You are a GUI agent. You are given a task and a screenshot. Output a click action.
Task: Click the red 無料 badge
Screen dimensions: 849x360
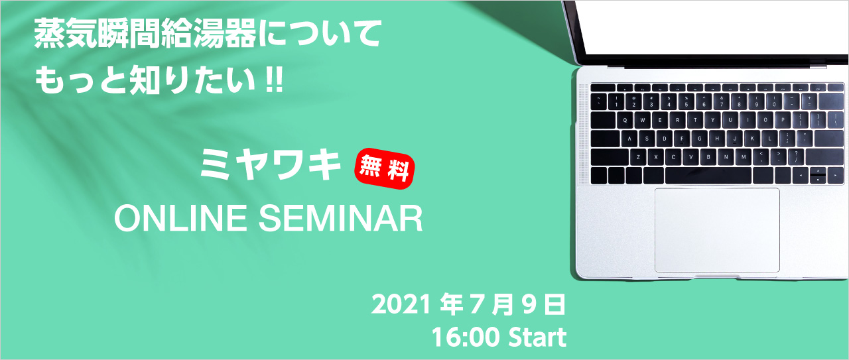[384, 168]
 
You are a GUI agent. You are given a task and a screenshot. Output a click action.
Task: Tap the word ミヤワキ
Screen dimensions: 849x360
[270, 164]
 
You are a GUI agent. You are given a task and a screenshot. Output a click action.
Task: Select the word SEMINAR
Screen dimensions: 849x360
[341, 218]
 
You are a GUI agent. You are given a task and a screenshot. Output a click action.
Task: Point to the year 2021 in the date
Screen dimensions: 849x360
[401, 304]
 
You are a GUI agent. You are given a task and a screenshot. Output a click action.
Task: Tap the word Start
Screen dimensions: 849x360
[537, 337]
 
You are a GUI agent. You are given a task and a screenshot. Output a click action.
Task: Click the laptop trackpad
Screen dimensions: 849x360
[717, 230]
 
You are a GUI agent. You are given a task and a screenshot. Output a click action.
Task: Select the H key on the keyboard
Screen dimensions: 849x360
[717, 139]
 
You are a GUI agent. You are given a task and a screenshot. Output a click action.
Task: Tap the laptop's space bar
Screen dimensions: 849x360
[708, 176]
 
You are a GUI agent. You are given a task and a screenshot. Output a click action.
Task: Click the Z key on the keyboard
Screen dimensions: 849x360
[638, 157]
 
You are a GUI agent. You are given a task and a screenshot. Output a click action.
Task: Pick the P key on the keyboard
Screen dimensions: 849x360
[783, 120]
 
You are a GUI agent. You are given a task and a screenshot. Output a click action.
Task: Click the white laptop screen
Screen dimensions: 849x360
[714, 27]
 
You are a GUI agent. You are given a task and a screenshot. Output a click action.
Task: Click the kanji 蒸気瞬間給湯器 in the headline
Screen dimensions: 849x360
[146, 35]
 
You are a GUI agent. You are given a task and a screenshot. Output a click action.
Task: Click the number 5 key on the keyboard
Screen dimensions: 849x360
[686, 102]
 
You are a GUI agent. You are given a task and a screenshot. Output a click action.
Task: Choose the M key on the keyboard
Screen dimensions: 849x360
[744, 157]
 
